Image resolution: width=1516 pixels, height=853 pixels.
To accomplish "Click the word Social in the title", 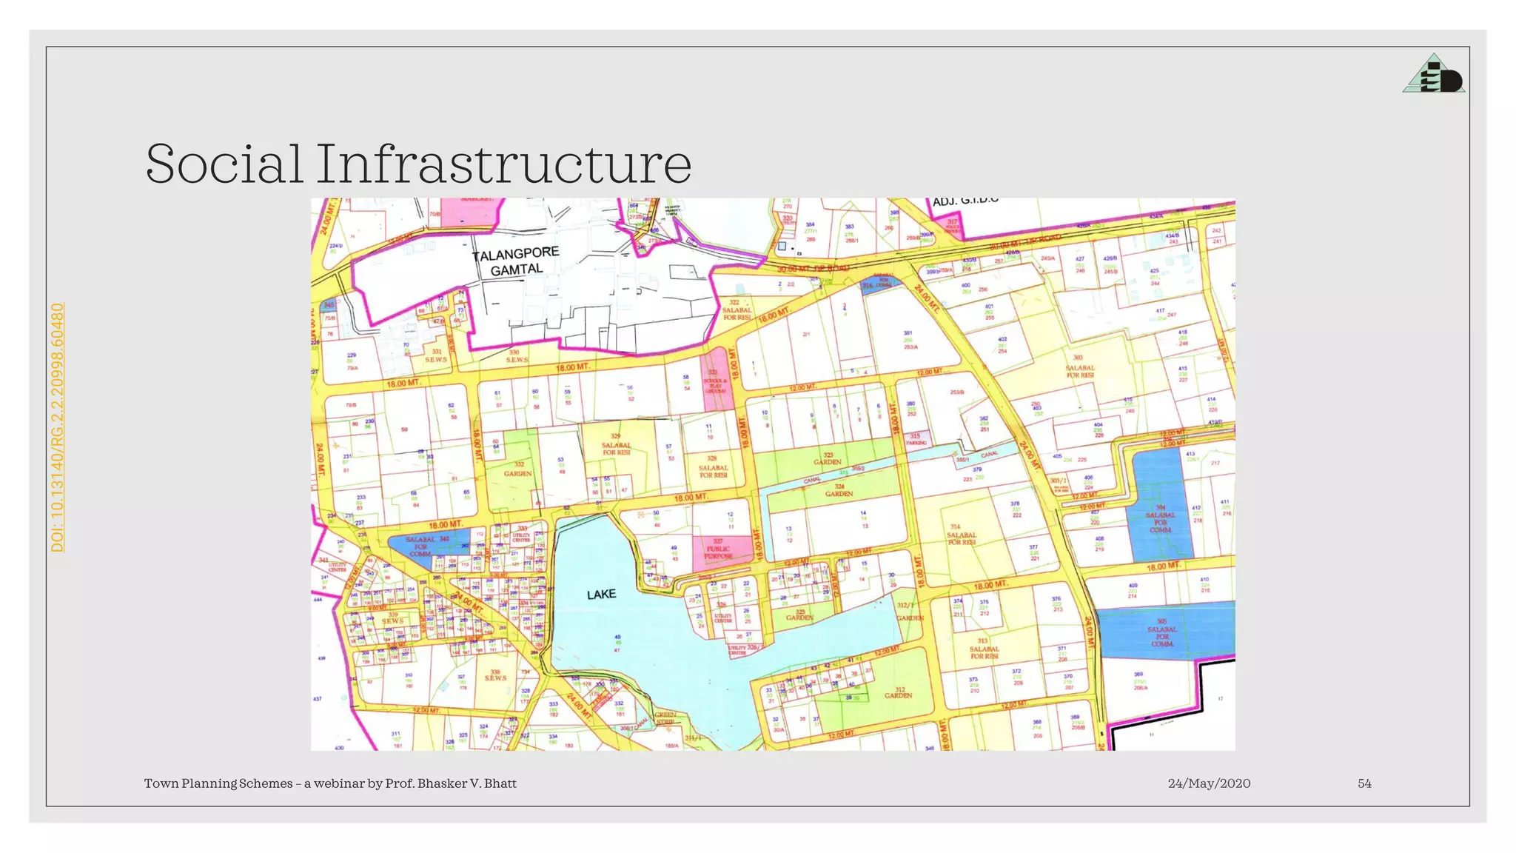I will pos(224,164).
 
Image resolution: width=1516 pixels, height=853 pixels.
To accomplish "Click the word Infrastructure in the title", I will pos(503,164).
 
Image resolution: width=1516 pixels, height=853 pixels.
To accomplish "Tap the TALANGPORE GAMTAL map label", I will pos(516,261).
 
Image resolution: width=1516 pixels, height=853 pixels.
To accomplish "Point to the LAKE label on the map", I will pos(601,595).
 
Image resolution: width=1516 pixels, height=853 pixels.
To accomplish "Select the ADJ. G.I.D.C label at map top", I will pos(965,201).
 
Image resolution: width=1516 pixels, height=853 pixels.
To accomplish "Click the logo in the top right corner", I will pos(1434,74).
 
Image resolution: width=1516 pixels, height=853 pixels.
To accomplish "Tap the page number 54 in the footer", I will pos(1364,783).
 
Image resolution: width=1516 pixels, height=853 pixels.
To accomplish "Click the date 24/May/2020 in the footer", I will pos(1209,783).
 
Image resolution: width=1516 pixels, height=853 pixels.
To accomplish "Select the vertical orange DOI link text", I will pos(58,426).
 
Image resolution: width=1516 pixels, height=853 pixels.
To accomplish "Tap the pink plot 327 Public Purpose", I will pos(717,549).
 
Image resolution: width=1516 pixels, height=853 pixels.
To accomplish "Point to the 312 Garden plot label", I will pos(898,692).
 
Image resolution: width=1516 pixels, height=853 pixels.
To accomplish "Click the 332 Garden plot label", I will pos(518,469).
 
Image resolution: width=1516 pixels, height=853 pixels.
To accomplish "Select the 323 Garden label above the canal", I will pos(828,458).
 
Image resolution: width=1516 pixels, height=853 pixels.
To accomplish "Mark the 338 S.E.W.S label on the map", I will pos(495,675).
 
